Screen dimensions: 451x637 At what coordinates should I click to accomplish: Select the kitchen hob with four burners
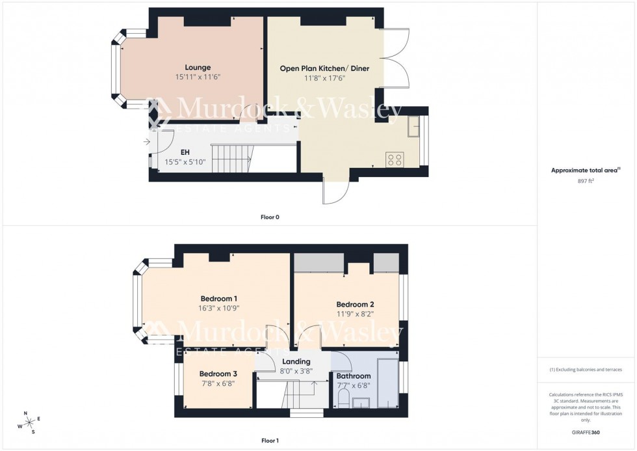[x=395, y=159]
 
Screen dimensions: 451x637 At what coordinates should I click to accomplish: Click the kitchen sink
[x=413, y=129]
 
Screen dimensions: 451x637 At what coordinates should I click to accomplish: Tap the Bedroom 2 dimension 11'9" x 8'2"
[x=355, y=314]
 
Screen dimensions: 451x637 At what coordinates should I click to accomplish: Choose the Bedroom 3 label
[x=218, y=374]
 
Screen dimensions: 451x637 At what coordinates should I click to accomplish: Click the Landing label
[x=296, y=362]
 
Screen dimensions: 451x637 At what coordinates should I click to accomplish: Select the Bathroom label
[x=354, y=376]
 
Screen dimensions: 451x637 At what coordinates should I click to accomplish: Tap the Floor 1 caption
[x=270, y=441]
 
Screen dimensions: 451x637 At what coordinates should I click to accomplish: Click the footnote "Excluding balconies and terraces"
[x=585, y=370]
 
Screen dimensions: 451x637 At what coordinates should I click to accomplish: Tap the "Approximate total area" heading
[x=585, y=171]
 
